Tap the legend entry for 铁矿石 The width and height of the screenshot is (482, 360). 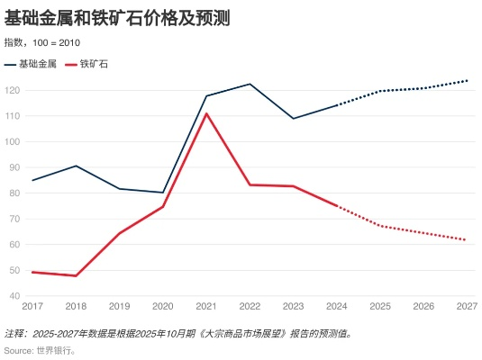pyautogui.click(x=86, y=64)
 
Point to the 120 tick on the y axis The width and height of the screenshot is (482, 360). pyautogui.click(x=14, y=91)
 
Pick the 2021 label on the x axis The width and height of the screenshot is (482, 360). pyautogui.click(x=206, y=307)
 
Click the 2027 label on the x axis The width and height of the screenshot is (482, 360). pyautogui.click(x=466, y=307)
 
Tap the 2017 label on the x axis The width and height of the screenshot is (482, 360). pyautogui.click(x=33, y=307)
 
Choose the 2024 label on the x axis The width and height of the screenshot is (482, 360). pyautogui.click(x=336, y=307)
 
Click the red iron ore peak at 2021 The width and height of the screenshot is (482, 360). pyautogui.click(x=206, y=113)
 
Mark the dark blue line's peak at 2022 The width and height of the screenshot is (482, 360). pyautogui.click(x=250, y=84)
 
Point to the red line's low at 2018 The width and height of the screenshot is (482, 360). pyautogui.click(x=77, y=275)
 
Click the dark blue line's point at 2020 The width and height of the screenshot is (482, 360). pyautogui.click(x=163, y=193)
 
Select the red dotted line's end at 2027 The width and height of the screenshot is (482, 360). pyautogui.click(x=466, y=239)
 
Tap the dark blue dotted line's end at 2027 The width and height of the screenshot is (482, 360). pyautogui.click(x=466, y=81)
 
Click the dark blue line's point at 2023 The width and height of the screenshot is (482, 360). pyautogui.click(x=293, y=118)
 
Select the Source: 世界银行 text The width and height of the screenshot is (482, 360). pyautogui.click(x=41, y=349)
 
